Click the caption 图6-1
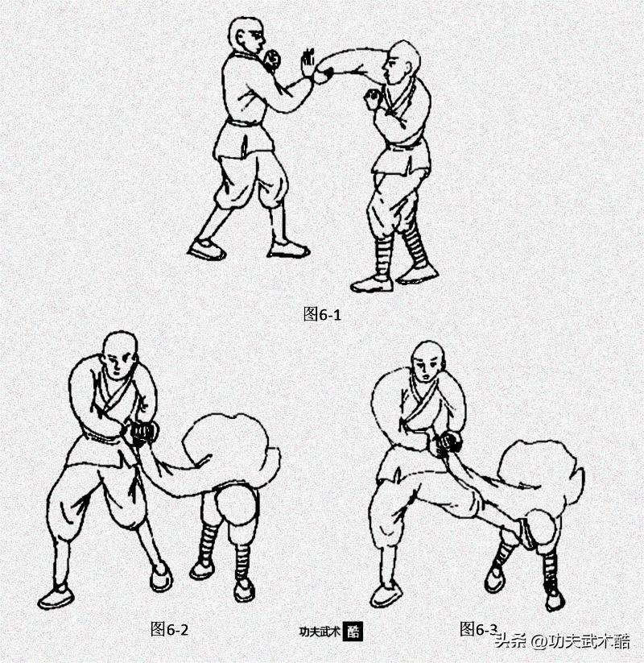coord(322,314)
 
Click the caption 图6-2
coord(169,629)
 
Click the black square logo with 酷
coord(353,632)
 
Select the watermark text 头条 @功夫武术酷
coord(563,641)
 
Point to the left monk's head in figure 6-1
coord(246,36)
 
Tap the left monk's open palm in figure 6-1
coord(308,64)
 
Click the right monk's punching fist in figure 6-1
coord(324,75)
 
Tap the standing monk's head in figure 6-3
coord(429,363)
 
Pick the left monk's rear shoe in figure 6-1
coord(206,249)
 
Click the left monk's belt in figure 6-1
coord(243,123)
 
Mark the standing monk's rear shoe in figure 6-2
coord(54,597)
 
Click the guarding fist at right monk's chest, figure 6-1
coord(373,99)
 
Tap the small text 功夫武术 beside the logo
coord(320,632)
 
